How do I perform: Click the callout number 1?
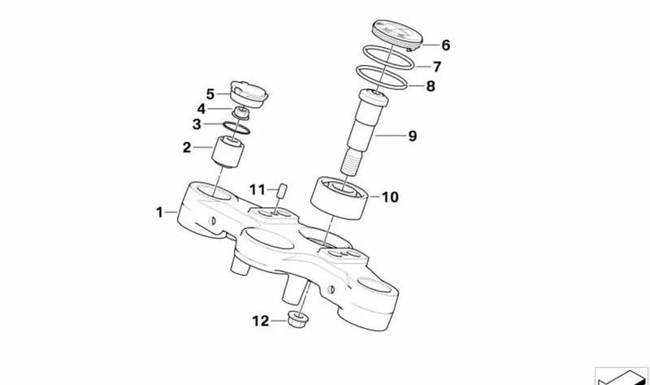click(x=159, y=212)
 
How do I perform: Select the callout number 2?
click(x=187, y=147)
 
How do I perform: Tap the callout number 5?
click(x=210, y=94)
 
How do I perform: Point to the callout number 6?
click(x=445, y=45)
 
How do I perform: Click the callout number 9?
click(x=412, y=136)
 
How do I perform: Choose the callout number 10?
click(x=390, y=197)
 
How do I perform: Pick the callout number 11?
click(x=257, y=190)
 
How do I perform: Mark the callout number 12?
click(x=261, y=321)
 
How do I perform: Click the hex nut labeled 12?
click(x=297, y=320)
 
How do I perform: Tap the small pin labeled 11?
click(x=282, y=191)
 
